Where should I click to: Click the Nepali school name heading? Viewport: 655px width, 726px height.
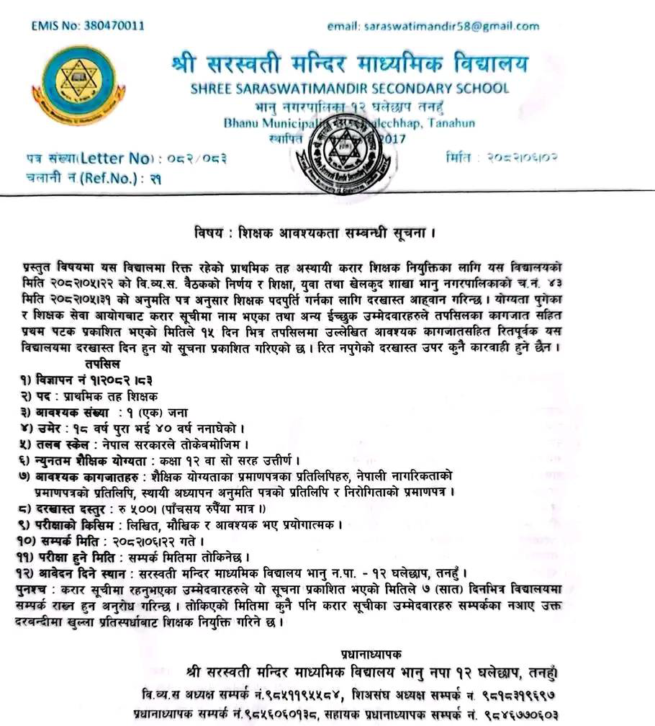349,65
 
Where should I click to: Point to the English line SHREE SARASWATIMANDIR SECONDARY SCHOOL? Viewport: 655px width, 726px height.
349,89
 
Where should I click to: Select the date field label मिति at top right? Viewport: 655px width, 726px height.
458,157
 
